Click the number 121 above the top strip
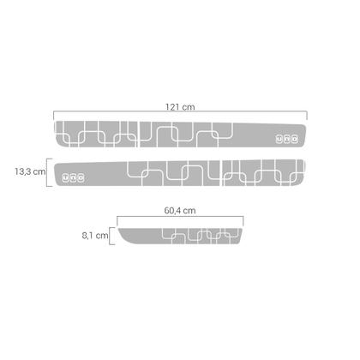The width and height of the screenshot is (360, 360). pyautogui.click(x=172, y=107)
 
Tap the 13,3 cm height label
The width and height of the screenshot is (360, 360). pyautogui.click(x=30, y=171)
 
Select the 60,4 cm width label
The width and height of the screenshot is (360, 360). pyautogui.click(x=180, y=211)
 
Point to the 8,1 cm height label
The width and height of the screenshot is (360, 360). pyautogui.click(x=95, y=236)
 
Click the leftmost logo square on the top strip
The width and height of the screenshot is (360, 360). pyautogui.click(x=279, y=139)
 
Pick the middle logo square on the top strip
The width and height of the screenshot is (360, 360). pyautogui.click(x=287, y=139)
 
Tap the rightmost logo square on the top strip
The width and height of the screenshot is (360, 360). pyautogui.click(x=295, y=139)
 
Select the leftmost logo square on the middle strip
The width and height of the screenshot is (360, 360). pyautogui.click(x=66, y=178)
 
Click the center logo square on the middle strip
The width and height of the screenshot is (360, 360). pyautogui.click(x=74, y=178)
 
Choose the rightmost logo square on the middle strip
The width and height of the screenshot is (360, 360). pyautogui.click(x=81, y=178)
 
